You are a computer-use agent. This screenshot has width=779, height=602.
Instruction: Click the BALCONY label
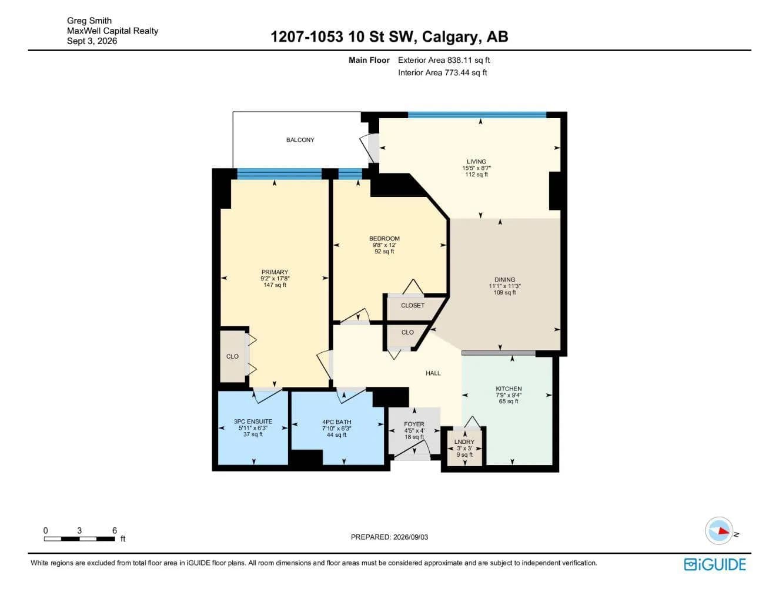[x=300, y=140]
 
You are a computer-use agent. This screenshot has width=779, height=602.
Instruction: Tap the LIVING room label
[x=476, y=162]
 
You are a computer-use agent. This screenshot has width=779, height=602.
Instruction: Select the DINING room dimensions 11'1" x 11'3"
[x=505, y=286]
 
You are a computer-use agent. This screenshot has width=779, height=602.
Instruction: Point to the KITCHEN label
[x=509, y=389]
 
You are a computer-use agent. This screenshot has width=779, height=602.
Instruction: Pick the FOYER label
[x=414, y=424]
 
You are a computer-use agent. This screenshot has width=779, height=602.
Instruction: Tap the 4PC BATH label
[x=337, y=422]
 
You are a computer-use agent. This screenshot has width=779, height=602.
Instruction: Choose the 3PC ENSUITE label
[x=253, y=422]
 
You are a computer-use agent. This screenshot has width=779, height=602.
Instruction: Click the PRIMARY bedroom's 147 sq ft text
[x=275, y=285]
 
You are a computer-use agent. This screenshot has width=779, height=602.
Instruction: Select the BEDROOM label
[x=385, y=238]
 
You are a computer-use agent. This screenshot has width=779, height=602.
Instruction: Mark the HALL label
[x=433, y=373]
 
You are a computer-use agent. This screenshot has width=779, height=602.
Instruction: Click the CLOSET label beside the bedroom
[x=413, y=305]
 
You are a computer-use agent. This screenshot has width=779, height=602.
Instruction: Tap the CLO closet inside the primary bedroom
[x=232, y=356]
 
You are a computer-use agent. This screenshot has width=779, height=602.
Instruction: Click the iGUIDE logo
[x=715, y=564]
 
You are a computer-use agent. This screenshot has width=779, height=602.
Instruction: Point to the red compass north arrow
[x=724, y=531]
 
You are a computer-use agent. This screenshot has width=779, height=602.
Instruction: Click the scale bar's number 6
[x=115, y=530]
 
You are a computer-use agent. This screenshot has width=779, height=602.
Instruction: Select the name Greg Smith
[x=89, y=21]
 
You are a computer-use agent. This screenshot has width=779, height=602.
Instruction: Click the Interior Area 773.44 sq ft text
[x=442, y=73]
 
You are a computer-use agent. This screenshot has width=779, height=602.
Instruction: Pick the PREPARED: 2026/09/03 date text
[x=389, y=537]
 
